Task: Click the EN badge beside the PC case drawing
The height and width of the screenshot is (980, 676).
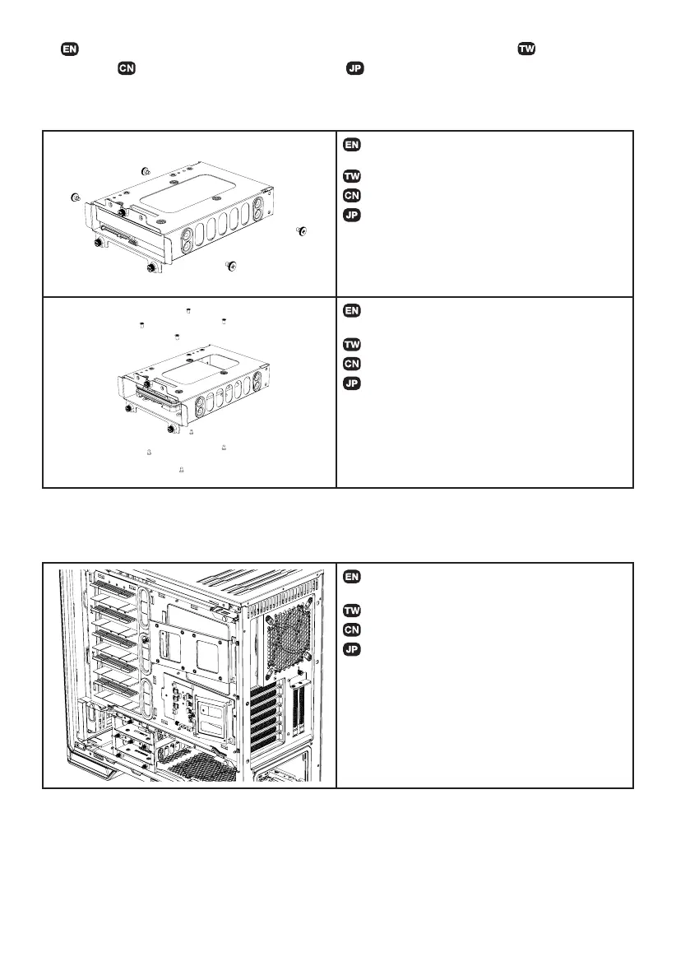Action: tap(351, 577)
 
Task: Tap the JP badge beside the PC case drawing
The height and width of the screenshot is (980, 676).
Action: tap(351, 649)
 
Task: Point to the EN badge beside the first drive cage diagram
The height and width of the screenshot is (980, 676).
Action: tap(351, 145)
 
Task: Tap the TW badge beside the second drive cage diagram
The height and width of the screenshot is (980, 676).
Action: tap(351, 344)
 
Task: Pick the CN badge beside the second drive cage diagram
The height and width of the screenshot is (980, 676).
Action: tap(351, 363)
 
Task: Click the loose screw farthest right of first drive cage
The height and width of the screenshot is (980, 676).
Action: tap(302, 231)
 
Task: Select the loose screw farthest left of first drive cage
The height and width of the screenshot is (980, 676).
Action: tap(75, 198)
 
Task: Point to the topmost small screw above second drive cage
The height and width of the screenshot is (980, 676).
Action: tap(189, 311)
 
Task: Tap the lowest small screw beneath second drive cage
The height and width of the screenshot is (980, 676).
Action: tap(180, 469)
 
